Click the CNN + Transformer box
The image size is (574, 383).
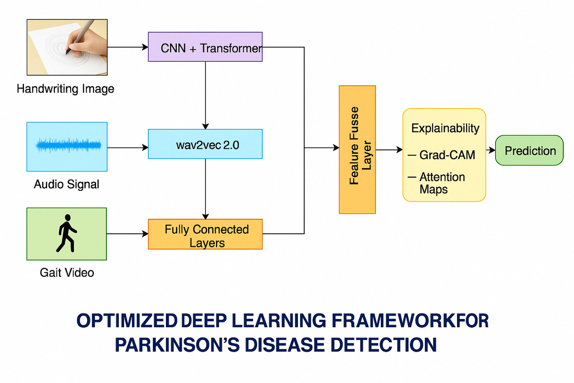click(205, 47)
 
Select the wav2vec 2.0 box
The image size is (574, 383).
click(205, 144)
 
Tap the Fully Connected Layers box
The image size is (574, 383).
click(205, 234)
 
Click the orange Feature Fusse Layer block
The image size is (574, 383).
click(357, 150)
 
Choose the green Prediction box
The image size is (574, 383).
click(529, 150)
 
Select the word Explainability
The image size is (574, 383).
click(445, 128)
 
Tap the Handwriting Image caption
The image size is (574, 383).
click(65, 89)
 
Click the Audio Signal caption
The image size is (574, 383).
click(66, 184)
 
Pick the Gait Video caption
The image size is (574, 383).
click(67, 272)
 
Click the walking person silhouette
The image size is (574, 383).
click(66, 233)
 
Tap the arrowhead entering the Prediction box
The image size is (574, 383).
click(492, 150)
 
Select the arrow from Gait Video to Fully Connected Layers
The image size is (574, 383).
click(127, 234)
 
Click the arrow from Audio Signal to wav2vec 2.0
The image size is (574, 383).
click(127, 147)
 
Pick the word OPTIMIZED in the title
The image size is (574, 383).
click(127, 321)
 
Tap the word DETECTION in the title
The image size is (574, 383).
click(384, 345)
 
